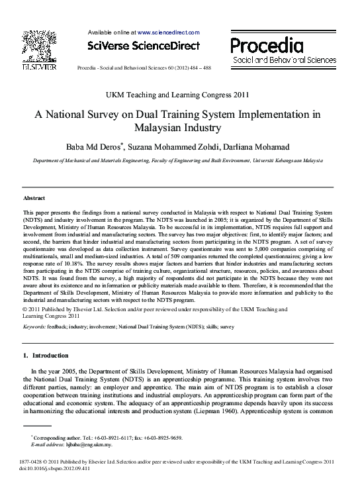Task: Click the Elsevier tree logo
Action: click(x=39, y=46)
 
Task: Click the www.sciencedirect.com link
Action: click(x=168, y=32)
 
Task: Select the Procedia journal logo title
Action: click(x=267, y=45)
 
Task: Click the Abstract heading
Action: click(x=34, y=198)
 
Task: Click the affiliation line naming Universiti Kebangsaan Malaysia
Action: click(x=178, y=161)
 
